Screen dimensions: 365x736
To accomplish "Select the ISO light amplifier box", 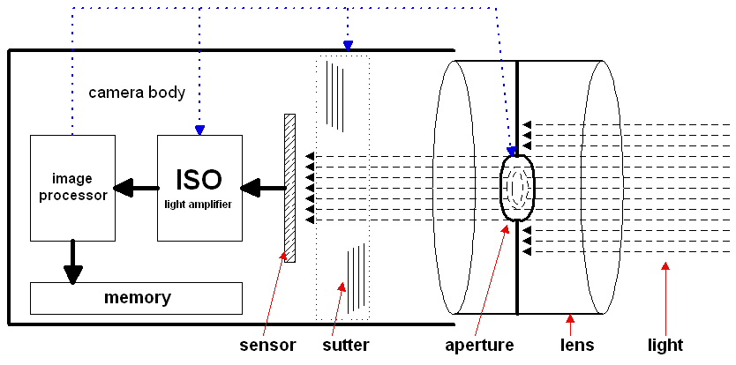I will coord(199,188).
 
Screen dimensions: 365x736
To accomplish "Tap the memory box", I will coord(136,298).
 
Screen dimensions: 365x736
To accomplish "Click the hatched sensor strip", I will coord(289,188).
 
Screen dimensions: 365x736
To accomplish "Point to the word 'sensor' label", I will coord(267,345).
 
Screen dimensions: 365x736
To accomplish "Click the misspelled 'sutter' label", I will coord(345,345).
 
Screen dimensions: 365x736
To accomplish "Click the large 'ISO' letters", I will coord(199,179).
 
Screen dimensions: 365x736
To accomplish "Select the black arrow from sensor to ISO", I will coord(263,188).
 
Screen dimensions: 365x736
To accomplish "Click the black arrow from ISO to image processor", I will coord(136,188).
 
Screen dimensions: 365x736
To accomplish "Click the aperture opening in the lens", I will coord(516,188).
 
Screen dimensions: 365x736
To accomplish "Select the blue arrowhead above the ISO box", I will coord(199,130).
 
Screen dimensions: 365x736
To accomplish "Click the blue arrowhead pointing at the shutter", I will coord(348,44).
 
